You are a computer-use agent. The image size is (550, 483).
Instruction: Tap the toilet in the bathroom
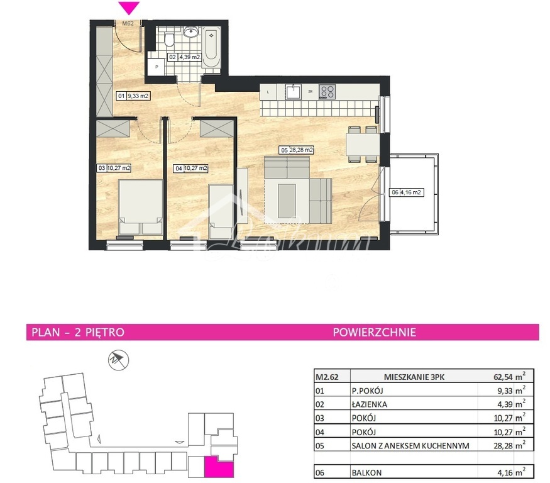[168, 40]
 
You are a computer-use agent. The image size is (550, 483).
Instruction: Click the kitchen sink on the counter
[294, 92]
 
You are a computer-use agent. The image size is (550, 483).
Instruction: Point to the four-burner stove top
[327, 92]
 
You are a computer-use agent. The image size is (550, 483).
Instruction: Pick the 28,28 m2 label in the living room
[297, 150]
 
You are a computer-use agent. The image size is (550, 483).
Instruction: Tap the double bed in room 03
[141, 208]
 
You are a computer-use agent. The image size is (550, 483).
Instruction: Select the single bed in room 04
[221, 208]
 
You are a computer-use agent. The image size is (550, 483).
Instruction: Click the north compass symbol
[118, 360]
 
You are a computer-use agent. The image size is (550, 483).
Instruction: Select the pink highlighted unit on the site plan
[217, 467]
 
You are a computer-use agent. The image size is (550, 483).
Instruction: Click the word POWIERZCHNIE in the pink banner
[374, 332]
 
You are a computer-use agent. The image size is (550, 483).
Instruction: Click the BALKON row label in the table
[367, 472]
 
